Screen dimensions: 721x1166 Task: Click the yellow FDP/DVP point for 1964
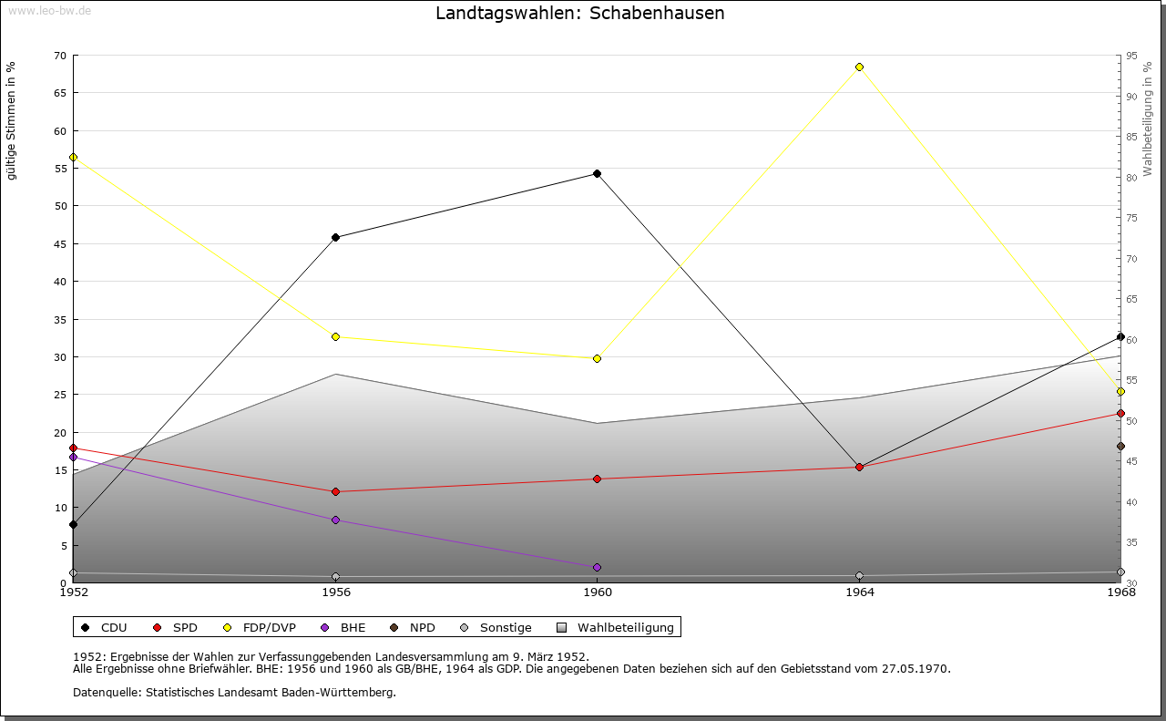[859, 67]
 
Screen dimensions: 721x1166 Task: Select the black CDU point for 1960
[597, 173]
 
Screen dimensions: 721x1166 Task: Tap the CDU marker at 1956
[335, 237]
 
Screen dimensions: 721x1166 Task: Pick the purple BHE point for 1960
[597, 567]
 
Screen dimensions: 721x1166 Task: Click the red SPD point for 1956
[335, 491]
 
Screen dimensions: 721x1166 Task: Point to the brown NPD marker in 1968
[1120, 446]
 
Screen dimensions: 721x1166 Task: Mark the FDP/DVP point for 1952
[73, 157]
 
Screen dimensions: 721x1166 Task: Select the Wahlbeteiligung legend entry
[617, 627]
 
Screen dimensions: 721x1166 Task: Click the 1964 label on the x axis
[859, 592]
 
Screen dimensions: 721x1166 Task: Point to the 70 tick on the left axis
[59, 56]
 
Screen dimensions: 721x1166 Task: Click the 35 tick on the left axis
[59, 319]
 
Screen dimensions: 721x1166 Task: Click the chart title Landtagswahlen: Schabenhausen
[580, 13]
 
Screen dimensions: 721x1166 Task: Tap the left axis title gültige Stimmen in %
[11, 120]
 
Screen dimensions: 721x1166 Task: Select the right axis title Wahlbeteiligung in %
[1148, 118]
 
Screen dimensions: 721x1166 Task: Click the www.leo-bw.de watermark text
[49, 10]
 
